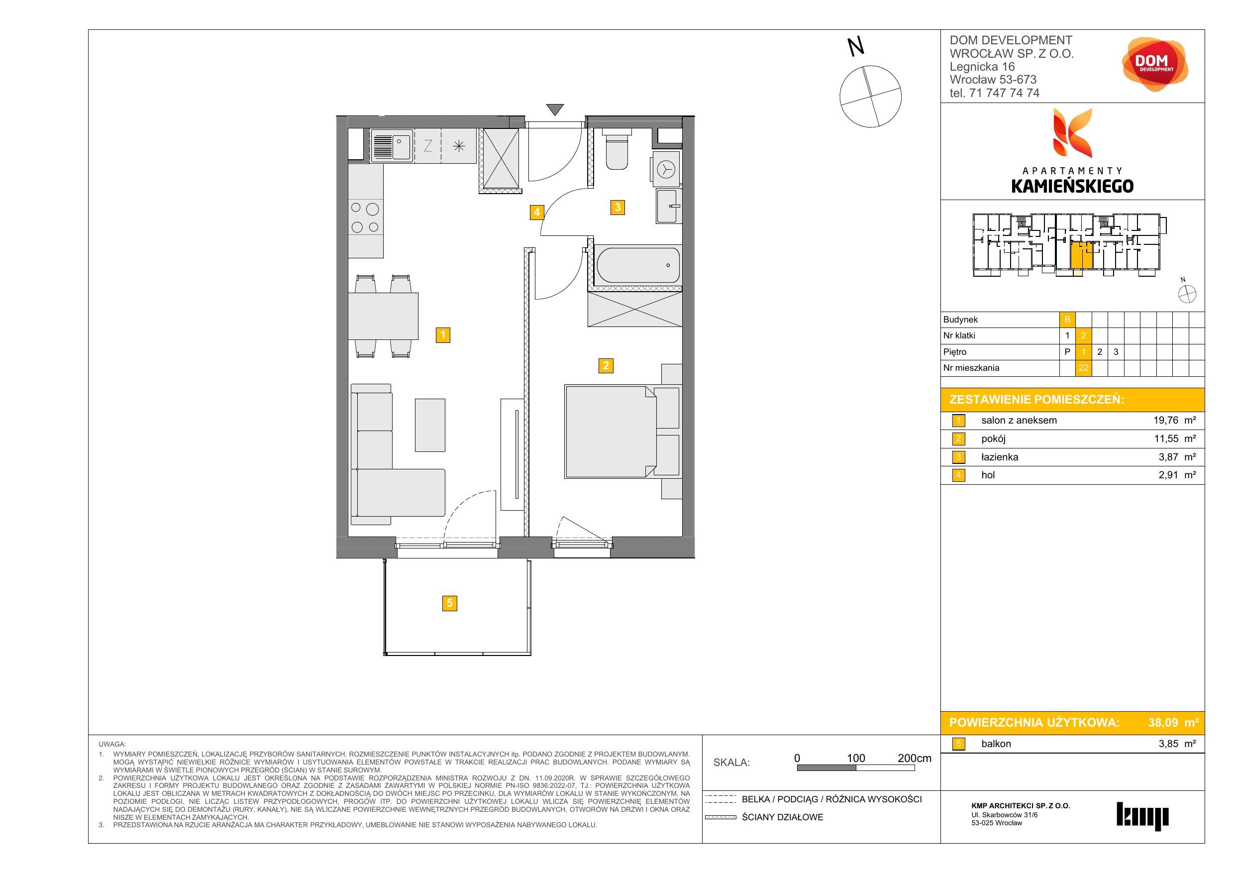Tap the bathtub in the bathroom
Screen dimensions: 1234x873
637,265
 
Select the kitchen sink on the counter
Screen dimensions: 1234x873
392,145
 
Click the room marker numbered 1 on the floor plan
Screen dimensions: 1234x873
443,335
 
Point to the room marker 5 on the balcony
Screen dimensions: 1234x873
450,603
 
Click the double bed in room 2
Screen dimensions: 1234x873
611,432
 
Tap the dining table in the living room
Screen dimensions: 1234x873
383,316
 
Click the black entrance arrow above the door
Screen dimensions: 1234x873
555,109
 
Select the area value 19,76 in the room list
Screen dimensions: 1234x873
1165,421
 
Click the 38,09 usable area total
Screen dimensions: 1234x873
1163,722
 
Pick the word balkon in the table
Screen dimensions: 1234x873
996,744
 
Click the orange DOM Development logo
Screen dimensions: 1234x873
1154,65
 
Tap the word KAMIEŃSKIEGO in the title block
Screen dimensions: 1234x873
1072,186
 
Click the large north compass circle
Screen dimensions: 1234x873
870,97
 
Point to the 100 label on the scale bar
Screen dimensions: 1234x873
856,758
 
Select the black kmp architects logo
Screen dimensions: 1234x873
1142,816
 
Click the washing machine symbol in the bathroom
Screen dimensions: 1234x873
666,169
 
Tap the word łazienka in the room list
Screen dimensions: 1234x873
999,457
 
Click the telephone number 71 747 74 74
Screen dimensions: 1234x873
1004,93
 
